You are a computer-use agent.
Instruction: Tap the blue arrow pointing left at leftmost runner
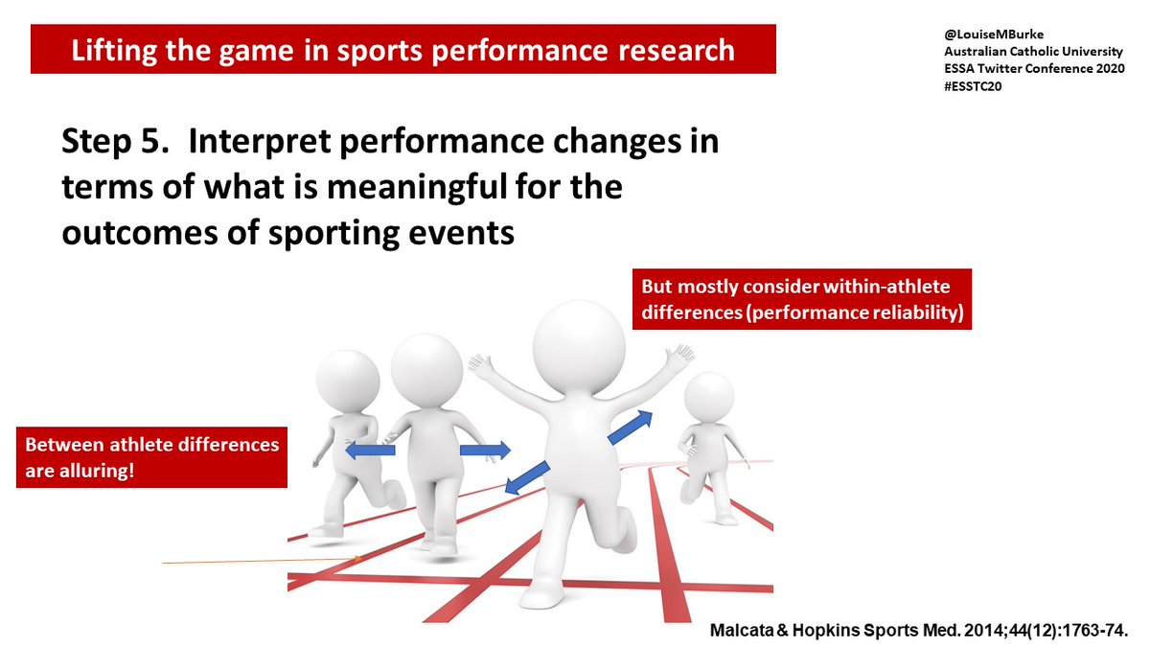[x=369, y=451]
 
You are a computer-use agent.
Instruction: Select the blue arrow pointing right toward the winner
[x=485, y=450]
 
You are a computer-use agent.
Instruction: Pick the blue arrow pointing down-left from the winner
[x=526, y=477]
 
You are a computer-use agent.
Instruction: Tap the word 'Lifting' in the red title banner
[x=108, y=51]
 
